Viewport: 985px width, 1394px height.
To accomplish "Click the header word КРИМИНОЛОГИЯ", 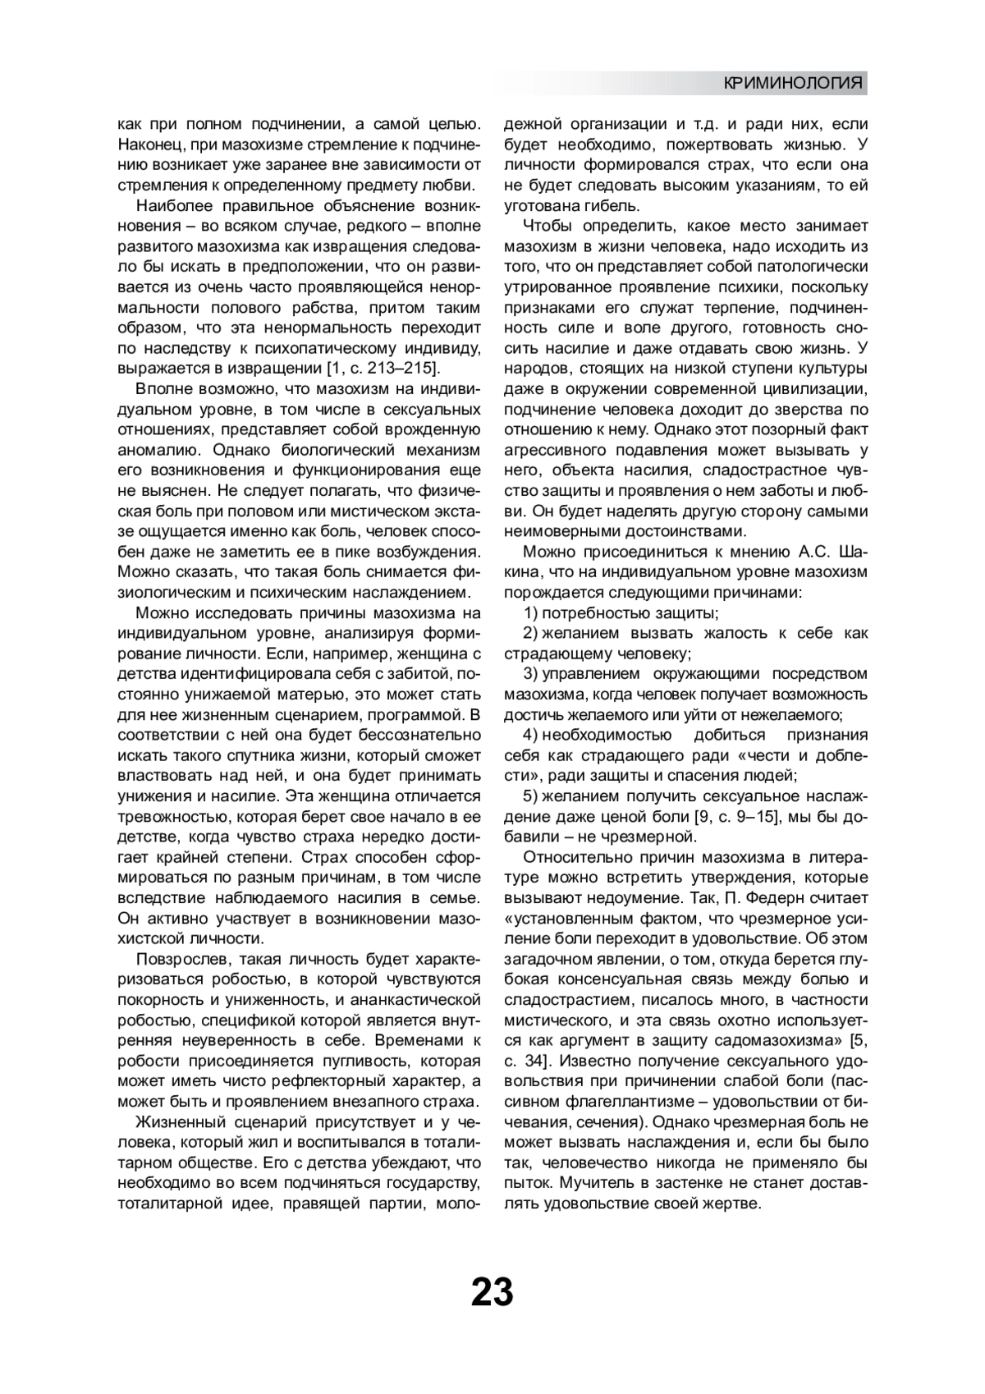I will [794, 83].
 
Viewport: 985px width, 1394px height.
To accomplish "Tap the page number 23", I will [492, 1291].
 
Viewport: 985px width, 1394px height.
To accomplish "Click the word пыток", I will [526, 1182].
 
